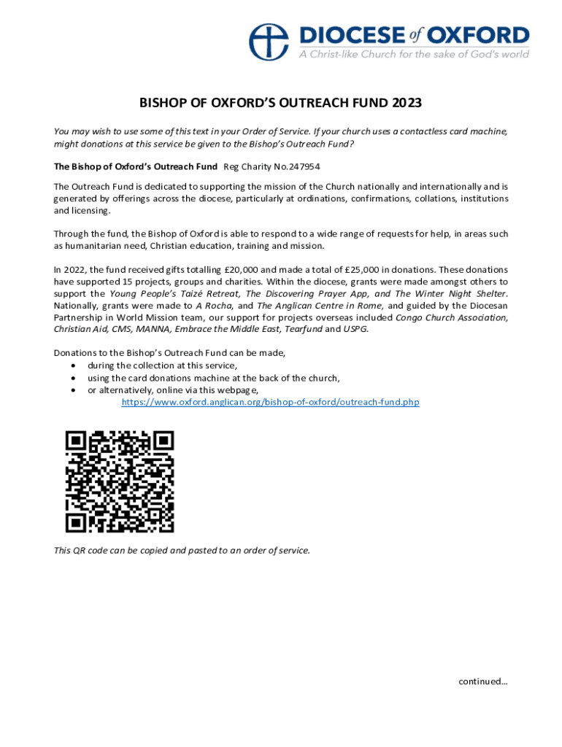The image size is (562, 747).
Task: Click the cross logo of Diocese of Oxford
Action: coord(269,42)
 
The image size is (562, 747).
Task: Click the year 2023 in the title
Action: coord(405,104)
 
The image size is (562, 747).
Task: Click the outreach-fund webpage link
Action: coord(270,402)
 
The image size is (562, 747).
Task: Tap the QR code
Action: coord(120,481)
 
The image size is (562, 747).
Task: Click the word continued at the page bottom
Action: coord(482,681)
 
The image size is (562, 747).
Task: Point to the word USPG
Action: coord(356,329)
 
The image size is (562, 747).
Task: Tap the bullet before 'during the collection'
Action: coord(74,365)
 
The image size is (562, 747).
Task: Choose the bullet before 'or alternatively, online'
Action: coord(74,390)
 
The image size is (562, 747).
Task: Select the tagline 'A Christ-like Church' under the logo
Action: coord(414,55)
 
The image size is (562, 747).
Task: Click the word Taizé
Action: coord(172,293)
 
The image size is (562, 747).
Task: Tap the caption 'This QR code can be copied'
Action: coord(182,551)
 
